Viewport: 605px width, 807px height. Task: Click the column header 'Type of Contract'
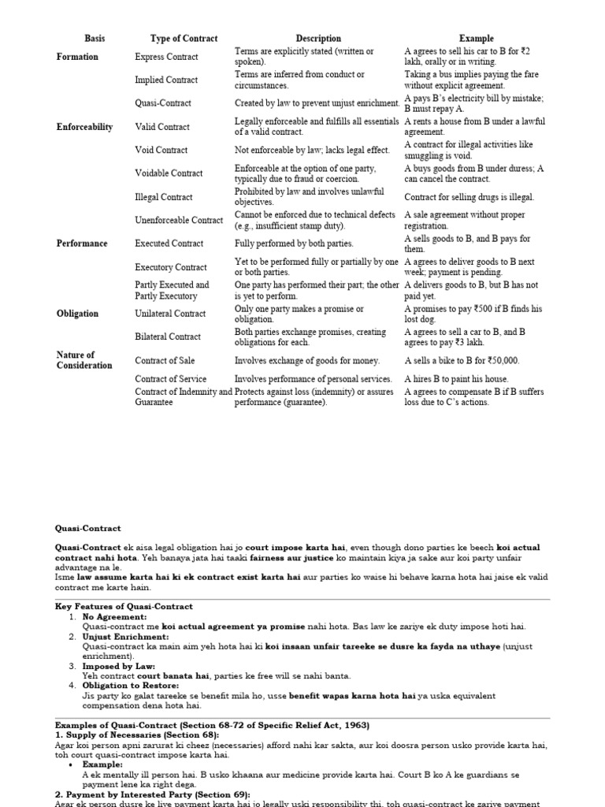tap(184, 38)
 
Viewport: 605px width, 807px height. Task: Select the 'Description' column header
tap(318, 38)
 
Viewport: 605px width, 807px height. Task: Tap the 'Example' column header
tap(477, 38)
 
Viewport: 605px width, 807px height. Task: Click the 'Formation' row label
tap(77, 57)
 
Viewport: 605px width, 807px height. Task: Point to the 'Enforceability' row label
tap(84, 127)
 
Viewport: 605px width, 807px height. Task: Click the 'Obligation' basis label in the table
tap(77, 314)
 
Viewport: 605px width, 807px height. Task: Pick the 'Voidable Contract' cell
tap(169, 173)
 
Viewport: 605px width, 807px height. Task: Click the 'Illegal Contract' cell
tap(163, 197)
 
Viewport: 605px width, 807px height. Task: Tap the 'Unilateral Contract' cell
tap(170, 314)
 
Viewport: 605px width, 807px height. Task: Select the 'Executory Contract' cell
tap(170, 267)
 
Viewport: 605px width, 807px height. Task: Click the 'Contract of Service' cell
tap(170, 379)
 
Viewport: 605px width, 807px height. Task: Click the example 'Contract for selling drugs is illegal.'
tap(469, 197)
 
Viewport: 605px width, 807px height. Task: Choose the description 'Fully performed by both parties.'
tap(294, 244)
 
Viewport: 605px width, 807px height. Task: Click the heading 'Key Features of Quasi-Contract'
tap(124, 607)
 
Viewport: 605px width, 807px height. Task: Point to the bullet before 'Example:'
tap(72, 765)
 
